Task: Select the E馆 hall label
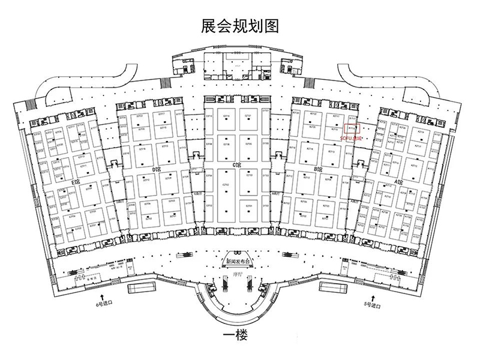tap(75, 181)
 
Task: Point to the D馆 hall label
tap(158, 170)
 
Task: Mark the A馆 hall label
tap(400, 181)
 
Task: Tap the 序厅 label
tap(236, 275)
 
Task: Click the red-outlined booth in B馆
tap(353, 127)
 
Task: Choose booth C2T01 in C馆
tap(248, 206)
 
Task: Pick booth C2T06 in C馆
tap(226, 145)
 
